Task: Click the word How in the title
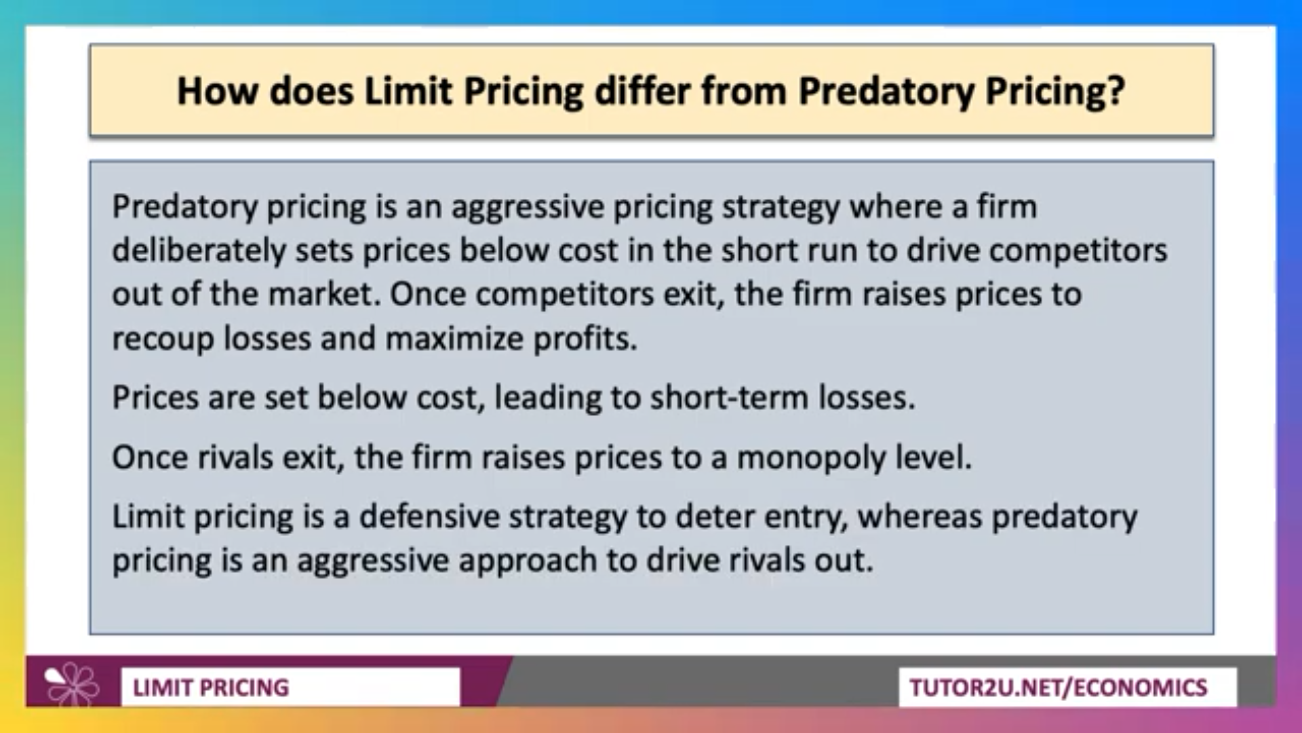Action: [218, 91]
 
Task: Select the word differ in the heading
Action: [643, 91]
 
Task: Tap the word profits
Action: [585, 338]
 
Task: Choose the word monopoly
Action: [811, 458]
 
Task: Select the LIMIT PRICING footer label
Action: [211, 688]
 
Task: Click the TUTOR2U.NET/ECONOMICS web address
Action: [1059, 688]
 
